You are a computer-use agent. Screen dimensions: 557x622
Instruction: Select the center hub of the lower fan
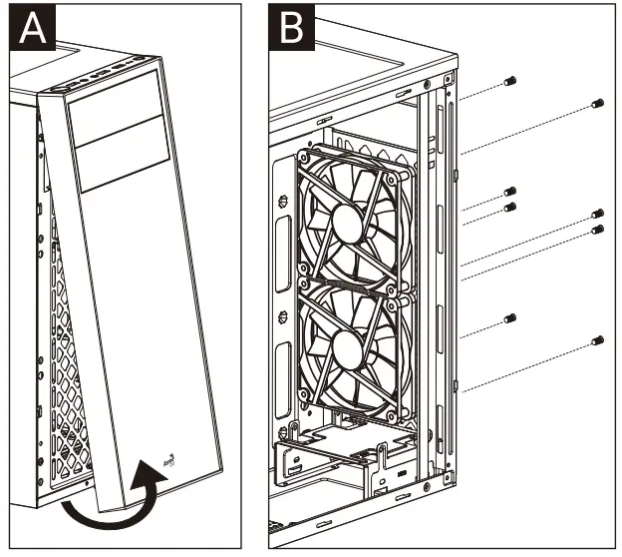tap(345, 351)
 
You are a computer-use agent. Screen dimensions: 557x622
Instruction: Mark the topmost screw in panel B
tap(509, 80)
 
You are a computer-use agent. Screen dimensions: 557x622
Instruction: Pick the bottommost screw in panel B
tap(597, 341)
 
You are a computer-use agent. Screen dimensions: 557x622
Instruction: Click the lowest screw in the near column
tap(509, 317)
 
